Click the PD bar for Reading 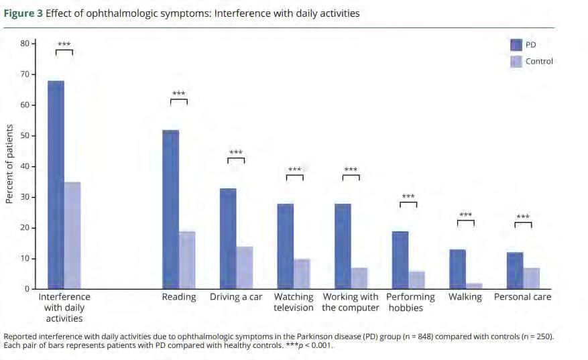[171, 209]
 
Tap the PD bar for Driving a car [228, 239]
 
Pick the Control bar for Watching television [302, 274]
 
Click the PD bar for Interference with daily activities [56, 184]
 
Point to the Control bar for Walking [473, 286]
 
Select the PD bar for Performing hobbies [400, 260]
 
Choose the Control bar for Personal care [531, 278]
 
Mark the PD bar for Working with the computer [343, 246]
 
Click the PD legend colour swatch [516, 45]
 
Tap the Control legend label [539, 62]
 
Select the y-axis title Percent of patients [9, 164]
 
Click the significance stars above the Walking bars [465, 215]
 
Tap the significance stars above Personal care [522, 217]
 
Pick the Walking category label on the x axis [465, 297]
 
